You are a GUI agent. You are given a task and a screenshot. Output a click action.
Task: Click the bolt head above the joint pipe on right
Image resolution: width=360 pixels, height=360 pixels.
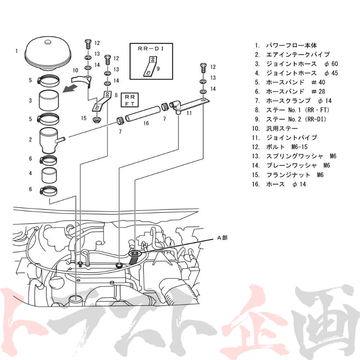(203, 67)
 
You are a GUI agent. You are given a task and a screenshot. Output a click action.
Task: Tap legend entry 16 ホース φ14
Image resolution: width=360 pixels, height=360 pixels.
(280, 184)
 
